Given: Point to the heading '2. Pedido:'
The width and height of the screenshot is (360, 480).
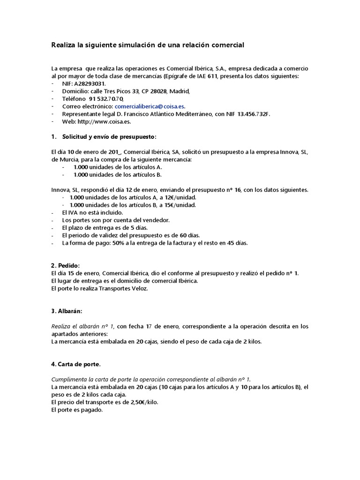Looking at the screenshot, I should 65,265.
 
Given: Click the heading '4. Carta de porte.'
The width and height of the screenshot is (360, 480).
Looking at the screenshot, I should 76,364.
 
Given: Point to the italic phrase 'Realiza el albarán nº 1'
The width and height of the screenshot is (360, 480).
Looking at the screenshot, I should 82,326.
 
